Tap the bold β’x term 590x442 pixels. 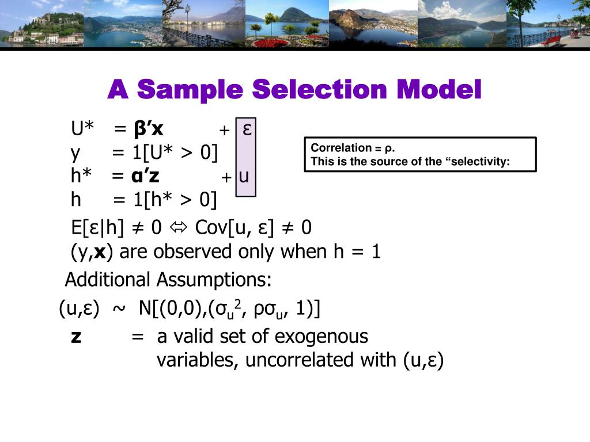coord(148,128)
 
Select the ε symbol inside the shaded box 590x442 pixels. coord(246,128)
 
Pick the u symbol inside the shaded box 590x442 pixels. coord(244,176)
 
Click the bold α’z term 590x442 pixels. coord(145,176)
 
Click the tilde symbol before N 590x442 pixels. coord(118,310)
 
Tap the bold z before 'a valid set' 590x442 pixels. coord(76,337)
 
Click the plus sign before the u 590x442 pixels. coord(226,177)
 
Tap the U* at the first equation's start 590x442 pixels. coord(82,128)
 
